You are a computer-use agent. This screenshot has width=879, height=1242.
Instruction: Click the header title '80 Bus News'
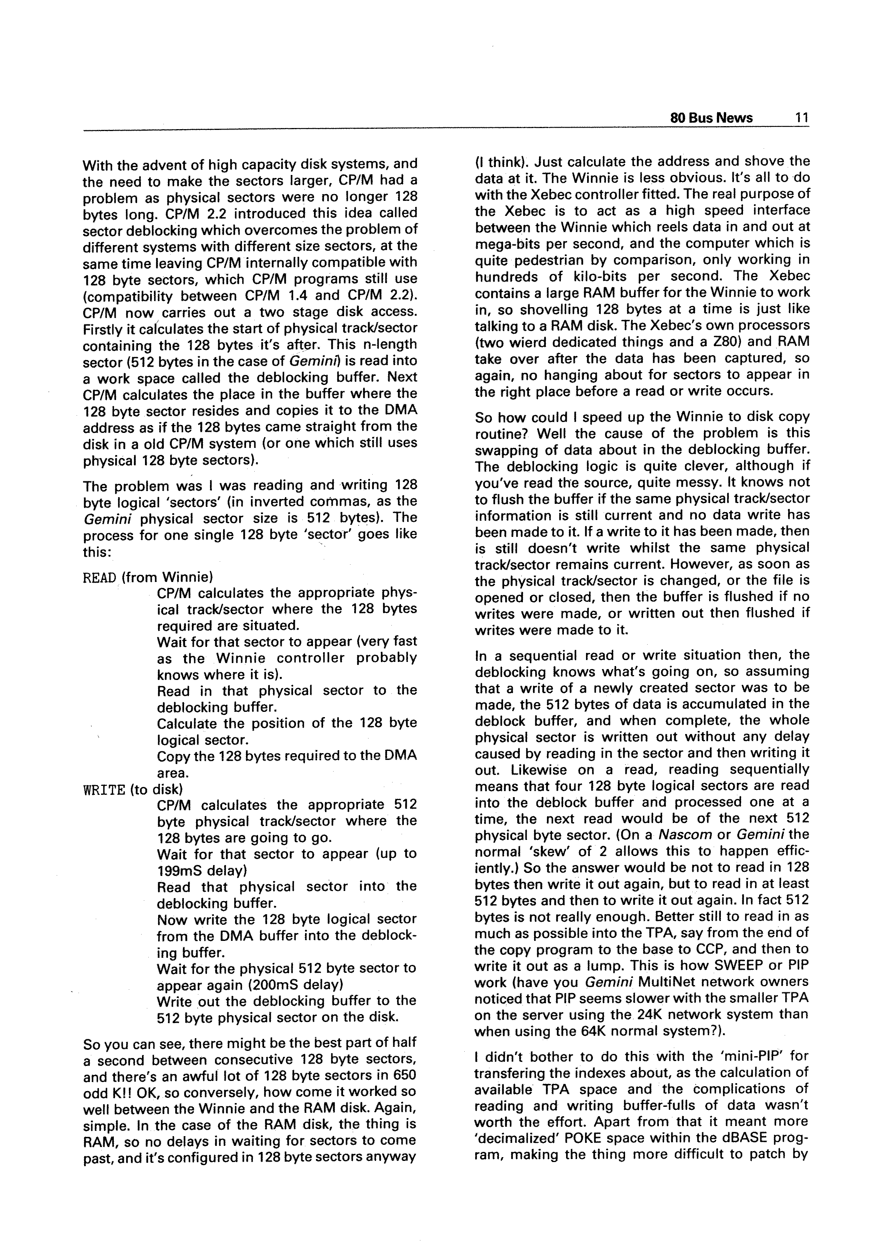coord(711,118)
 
